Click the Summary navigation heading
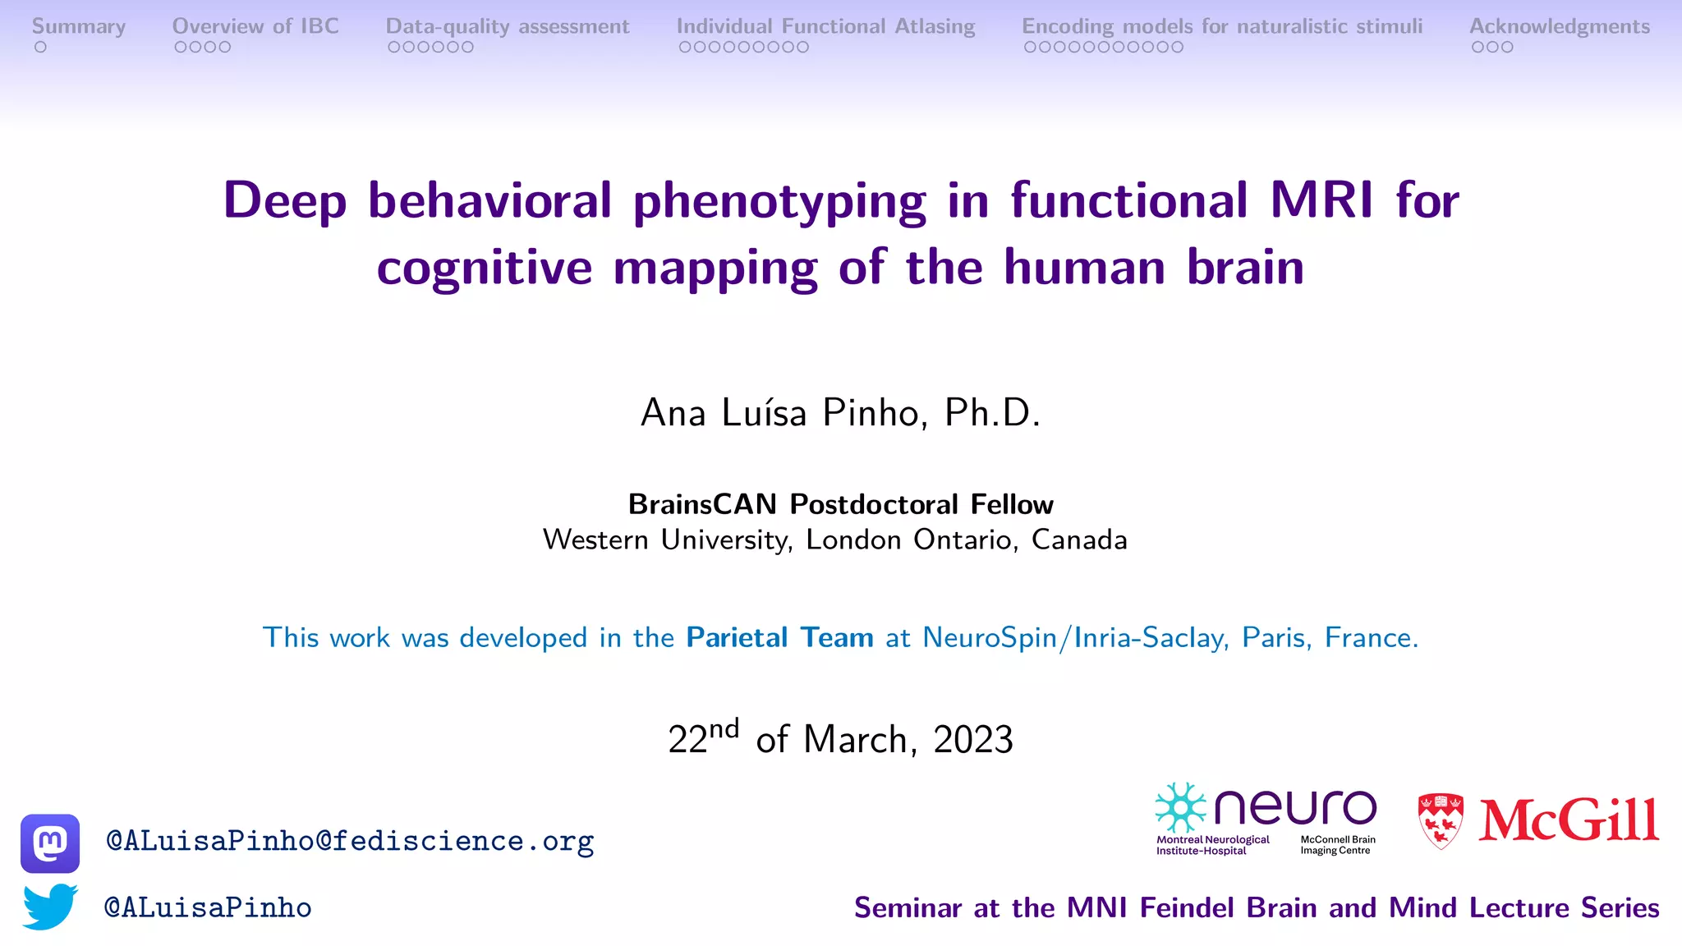coord(79,26)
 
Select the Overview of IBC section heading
coord(255,26)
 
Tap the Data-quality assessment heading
coord(508,26)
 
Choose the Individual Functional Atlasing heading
coord(825,26)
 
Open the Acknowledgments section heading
coord(1559,26)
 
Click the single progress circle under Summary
coord(40,48)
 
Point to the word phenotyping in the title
coord(779,201)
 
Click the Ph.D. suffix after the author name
coord(992,412)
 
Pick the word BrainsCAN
coord(702,504)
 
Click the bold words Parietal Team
coord(779,637)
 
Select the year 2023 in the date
coord(972,739)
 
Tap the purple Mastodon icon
coord(50,843)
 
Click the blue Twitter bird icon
coord(50,907)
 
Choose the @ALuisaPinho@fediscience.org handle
coord(350,841)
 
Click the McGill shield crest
coord(1441,820)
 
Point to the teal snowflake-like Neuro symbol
coord(1180,808)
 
